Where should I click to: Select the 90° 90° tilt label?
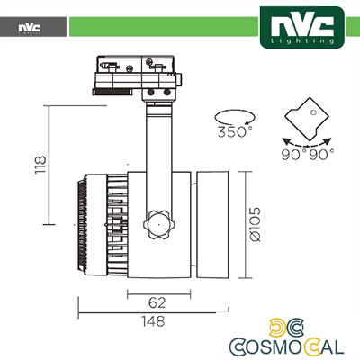pos(306,153)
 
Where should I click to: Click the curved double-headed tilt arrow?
pos(306,141)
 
